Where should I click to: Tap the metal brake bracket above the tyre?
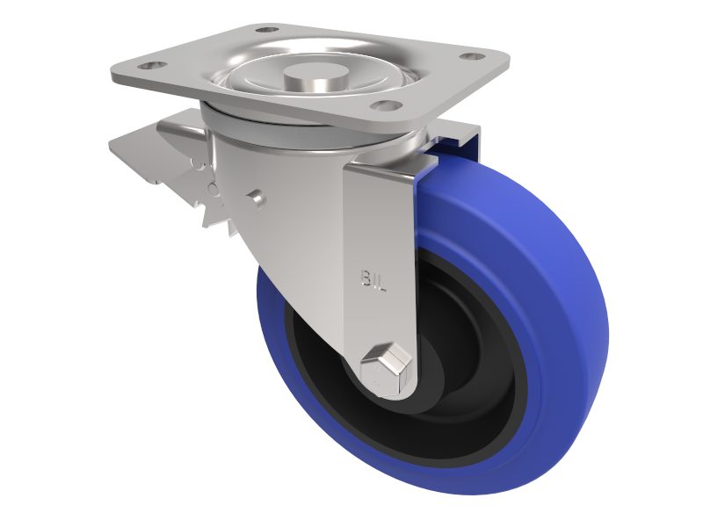[457, 141]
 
